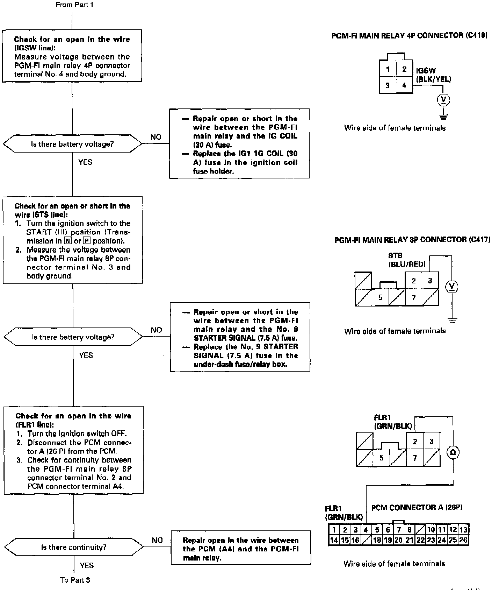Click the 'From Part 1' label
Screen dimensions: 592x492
coord(74,5)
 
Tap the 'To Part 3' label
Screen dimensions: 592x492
coord(75,580)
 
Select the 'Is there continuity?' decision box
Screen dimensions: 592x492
coord(74,547)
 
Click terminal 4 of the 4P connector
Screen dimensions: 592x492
coord(404,85)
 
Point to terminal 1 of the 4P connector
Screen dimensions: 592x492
coord(388,69)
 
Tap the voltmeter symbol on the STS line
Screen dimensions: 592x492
coord(452,287)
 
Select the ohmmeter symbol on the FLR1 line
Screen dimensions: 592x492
coord(453,452)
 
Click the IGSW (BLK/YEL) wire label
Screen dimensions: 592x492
coord(433,75)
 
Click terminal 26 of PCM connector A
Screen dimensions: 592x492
coord(463,540)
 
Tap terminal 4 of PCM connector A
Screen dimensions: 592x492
coord(366,530)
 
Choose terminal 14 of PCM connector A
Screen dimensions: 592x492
coord(334,540)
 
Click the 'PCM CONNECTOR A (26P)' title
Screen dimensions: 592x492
coord(417,507)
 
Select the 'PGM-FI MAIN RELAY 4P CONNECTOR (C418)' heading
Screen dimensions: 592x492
coord(409,35)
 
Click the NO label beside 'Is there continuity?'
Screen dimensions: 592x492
coord(157,540)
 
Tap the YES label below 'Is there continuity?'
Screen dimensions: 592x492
coord(87,565)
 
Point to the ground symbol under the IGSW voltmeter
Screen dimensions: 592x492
coord(444,116)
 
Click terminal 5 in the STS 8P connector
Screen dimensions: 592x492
coord(380,297)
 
